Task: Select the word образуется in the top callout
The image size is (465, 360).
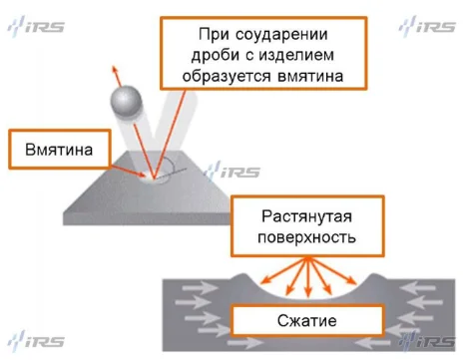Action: (x=244, y=75)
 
